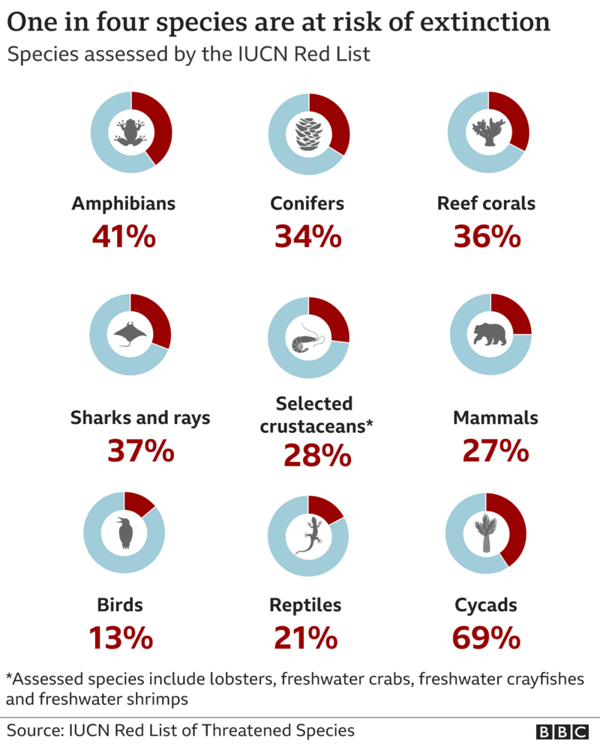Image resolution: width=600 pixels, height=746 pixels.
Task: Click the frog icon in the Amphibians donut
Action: click(130, 133)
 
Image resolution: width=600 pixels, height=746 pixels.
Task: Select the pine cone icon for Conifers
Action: click(308, 134)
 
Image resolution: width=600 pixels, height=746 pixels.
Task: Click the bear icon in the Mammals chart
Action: click(490, 335)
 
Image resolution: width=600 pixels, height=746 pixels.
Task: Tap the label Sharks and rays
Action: click(140, 418)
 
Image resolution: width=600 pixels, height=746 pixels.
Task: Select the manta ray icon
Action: click(130, 334)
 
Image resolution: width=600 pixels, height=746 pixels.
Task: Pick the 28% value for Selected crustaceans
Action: click(317, 455)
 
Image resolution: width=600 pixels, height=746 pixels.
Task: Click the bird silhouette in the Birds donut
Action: click(124, 532)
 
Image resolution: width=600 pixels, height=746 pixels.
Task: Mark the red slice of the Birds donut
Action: click(139, 500)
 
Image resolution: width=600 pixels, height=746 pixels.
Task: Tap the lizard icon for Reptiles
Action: click(308, 535)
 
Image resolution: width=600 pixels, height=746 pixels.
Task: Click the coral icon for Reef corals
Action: click(488, 132)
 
